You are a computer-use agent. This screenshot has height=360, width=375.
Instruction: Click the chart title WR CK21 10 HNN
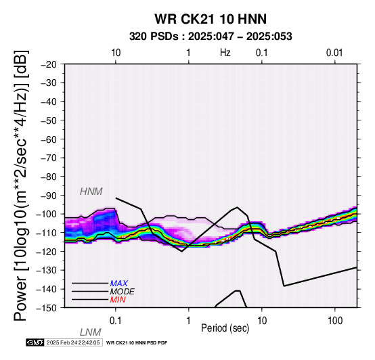tap(211, 19)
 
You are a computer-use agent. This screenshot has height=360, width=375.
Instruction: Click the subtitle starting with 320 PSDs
tap(211, 37)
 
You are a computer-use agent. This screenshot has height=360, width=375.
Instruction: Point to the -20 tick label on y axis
tap(49, 64)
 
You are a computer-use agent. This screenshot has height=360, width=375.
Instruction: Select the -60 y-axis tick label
tap(49, 139)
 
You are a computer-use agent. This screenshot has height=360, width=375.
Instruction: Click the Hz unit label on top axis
tap(225, 53)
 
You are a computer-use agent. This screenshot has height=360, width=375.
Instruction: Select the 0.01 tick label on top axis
tap(334, 53)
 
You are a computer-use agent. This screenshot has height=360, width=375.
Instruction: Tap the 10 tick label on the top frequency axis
tap(116, 53)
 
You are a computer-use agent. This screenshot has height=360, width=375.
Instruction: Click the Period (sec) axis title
tap(225, 328)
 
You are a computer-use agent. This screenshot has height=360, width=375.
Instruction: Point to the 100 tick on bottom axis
tap(335, 321)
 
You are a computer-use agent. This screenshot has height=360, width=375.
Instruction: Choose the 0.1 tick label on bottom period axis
tap(116, 321)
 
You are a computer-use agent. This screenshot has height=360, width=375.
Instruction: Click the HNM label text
tap(91, 192)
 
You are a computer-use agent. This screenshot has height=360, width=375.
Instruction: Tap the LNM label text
tap(91, 332)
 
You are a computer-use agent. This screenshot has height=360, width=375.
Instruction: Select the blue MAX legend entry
tap(119, 284)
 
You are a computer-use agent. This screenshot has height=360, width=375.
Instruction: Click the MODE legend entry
tap(123, 292)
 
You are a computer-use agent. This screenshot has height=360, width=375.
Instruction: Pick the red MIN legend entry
tap(118, 300)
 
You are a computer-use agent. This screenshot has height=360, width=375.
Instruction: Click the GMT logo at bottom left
tap(35, 342)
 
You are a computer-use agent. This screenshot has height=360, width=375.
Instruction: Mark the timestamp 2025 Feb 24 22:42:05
tap(73, 342)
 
